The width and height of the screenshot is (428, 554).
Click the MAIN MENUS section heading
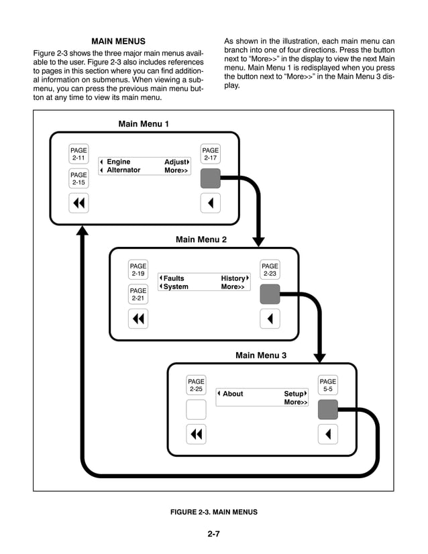click(x=118, y=42)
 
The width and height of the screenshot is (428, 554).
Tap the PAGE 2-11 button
click(x=78, y=154)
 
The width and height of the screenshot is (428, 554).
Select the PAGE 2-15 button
click(x=78, y=178)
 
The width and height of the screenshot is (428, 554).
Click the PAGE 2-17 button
click(x=211, y=154)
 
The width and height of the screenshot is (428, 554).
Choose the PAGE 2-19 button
click(x=138, y=270)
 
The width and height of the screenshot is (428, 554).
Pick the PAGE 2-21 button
click(x=138, y=294)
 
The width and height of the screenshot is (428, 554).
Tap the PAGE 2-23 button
click(x=270, y=270)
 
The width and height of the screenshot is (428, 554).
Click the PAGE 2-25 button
click(x=196, y=385)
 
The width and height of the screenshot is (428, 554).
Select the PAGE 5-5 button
click(x=327, y=385)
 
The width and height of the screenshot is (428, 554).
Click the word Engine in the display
click(x=119, y=162)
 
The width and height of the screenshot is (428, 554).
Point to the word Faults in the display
click(x=174, y=278)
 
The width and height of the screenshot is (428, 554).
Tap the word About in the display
click(x=233, y=394)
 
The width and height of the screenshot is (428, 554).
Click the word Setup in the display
click(x=293, y=394)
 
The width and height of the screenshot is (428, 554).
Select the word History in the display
click(x=233, y=278)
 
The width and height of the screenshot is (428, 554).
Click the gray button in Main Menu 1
click(x=211, y=178)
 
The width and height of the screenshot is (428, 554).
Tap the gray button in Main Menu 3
click(x=327, y=409)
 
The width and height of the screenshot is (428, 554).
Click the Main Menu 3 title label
click(x=261, y=355)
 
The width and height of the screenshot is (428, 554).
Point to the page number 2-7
click(x=214, y=534)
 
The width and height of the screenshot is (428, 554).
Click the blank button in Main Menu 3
click(x=196, y=409)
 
